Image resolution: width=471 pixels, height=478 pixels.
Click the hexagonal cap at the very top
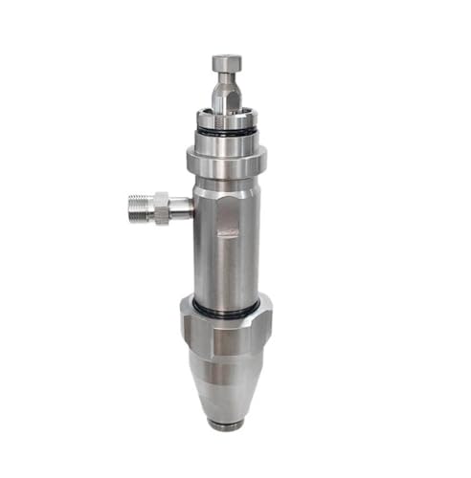(226, 64)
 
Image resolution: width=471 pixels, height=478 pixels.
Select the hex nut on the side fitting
(160, 206)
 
